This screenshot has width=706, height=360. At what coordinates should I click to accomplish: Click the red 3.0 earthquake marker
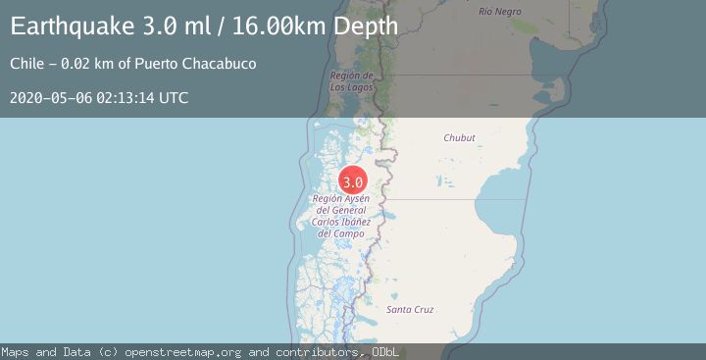[x=353, y=181]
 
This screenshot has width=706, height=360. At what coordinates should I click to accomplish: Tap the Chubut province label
[x=459, y=138]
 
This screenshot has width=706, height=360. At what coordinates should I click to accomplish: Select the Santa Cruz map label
[x=410, y=310]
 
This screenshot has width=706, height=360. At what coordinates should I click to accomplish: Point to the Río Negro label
[x=500, y=11]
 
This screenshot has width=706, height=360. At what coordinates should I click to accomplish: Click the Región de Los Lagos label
[x=350, y=80]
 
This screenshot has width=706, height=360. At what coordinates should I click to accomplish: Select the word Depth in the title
[x=365, y=26]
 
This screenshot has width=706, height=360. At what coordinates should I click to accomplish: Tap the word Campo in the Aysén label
[x=349, y=233]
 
